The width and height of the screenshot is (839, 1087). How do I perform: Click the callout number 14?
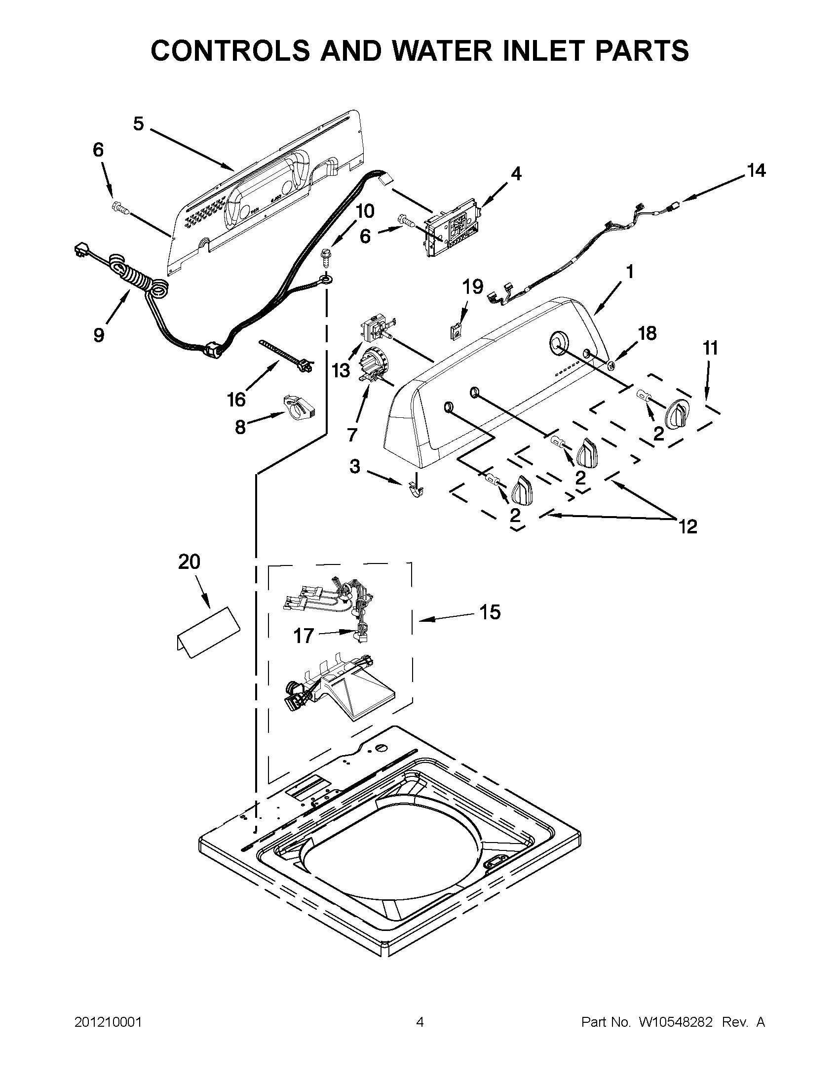coord(756,171)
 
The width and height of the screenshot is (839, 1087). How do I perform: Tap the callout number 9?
coord(99,335)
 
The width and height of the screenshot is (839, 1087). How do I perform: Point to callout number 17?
coord(304,636)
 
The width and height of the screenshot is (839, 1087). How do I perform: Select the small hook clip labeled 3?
coord(415,490)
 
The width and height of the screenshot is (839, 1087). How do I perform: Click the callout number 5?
coord(138,123)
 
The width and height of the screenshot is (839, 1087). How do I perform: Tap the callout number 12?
coord(688,526)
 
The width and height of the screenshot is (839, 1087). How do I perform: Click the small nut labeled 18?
coord(610,366)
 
